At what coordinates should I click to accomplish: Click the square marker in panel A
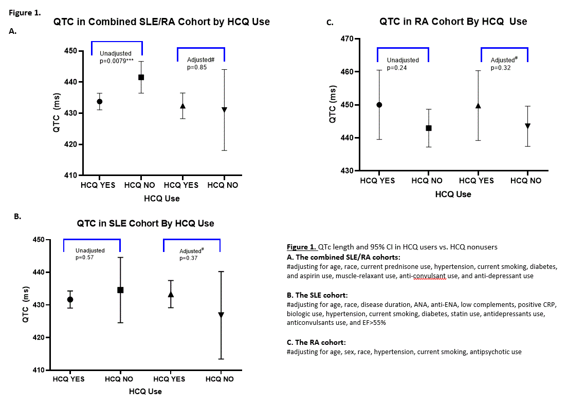[x=141, y=77]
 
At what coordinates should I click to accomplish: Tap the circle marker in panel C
[x=379, y=105]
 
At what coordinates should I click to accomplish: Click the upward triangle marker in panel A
[x=182, y=106]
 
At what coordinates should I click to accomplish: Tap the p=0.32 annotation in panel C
[x=501, y=67]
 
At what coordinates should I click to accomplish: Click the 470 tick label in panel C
[x=347, y=39]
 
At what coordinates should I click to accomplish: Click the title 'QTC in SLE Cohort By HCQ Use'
[x=145, y=223]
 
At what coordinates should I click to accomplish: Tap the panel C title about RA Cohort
[x=453, y=22]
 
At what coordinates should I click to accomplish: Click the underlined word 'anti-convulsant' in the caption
[x=432, y=276]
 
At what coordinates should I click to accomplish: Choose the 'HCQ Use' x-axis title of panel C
[x=453, y=194]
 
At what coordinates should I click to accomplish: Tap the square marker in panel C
[x=429, y=128]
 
